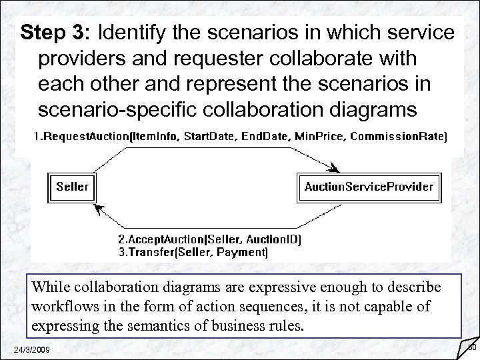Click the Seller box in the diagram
(72, 186)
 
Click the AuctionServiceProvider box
(369, 186)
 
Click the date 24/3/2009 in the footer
(35, 351)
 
